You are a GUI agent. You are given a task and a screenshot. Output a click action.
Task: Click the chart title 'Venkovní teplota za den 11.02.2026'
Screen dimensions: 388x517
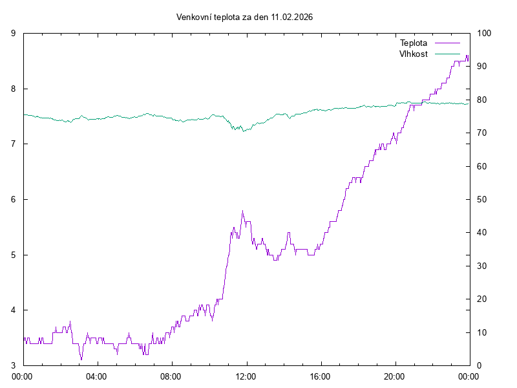pos(244,17)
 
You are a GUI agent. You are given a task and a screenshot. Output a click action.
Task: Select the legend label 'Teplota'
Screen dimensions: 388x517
pos(414,43)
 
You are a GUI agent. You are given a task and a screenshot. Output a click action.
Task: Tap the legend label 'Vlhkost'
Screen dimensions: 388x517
pos(414,54)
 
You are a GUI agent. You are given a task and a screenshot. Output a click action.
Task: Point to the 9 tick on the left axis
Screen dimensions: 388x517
pos(14,34)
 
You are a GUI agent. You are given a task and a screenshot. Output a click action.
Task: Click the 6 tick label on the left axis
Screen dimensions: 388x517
pos(14,200)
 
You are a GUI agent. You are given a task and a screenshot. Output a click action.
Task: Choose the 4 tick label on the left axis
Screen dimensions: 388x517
pos(14,310)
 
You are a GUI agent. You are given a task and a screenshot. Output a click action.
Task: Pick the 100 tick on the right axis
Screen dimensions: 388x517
pos(484,34)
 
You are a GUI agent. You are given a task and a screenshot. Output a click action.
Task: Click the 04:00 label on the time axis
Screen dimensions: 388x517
pos(97,376)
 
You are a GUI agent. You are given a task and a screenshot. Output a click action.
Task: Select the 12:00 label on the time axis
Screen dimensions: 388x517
pos(246,376)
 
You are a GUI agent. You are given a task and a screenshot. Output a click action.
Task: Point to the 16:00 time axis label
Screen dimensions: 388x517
pos(321,376)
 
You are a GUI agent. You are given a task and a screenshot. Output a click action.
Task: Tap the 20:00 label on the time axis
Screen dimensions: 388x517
pos(395,376)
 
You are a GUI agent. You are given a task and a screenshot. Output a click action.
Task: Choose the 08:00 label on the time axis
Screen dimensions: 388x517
pos(171,376)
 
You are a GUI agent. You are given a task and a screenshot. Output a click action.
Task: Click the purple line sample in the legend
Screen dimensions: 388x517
pos(447,43)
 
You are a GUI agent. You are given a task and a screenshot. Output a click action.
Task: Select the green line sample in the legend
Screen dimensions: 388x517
pos(447,54)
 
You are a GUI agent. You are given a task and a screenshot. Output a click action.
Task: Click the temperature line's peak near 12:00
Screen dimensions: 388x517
pos(242,211)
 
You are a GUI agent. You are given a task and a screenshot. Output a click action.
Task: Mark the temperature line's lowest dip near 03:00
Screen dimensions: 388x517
pos(81,359)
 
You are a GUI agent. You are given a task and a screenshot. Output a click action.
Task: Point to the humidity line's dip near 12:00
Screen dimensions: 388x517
pos(242,131)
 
